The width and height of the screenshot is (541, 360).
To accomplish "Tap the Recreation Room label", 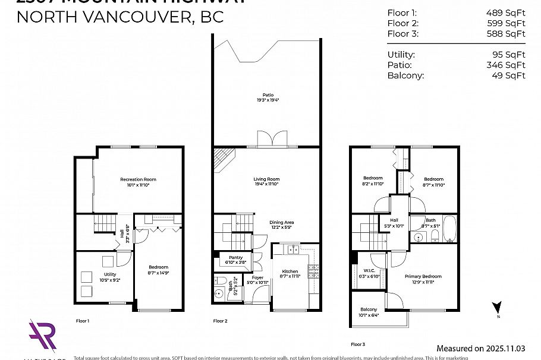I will [138, 179].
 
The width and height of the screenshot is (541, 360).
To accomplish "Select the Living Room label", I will [266, 179].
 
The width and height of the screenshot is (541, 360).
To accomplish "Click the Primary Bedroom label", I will [423, 276].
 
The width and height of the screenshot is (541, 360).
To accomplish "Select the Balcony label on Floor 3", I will [368, 310].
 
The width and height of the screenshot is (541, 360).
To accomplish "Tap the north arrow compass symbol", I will [497, 308].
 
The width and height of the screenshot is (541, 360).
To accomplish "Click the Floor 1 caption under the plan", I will [82, 321].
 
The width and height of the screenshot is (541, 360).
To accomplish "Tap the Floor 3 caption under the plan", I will [358, 344].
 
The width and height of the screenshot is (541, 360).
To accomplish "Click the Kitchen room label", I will [290, 271].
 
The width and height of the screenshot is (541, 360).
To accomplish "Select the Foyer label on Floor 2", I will [257, 277].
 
